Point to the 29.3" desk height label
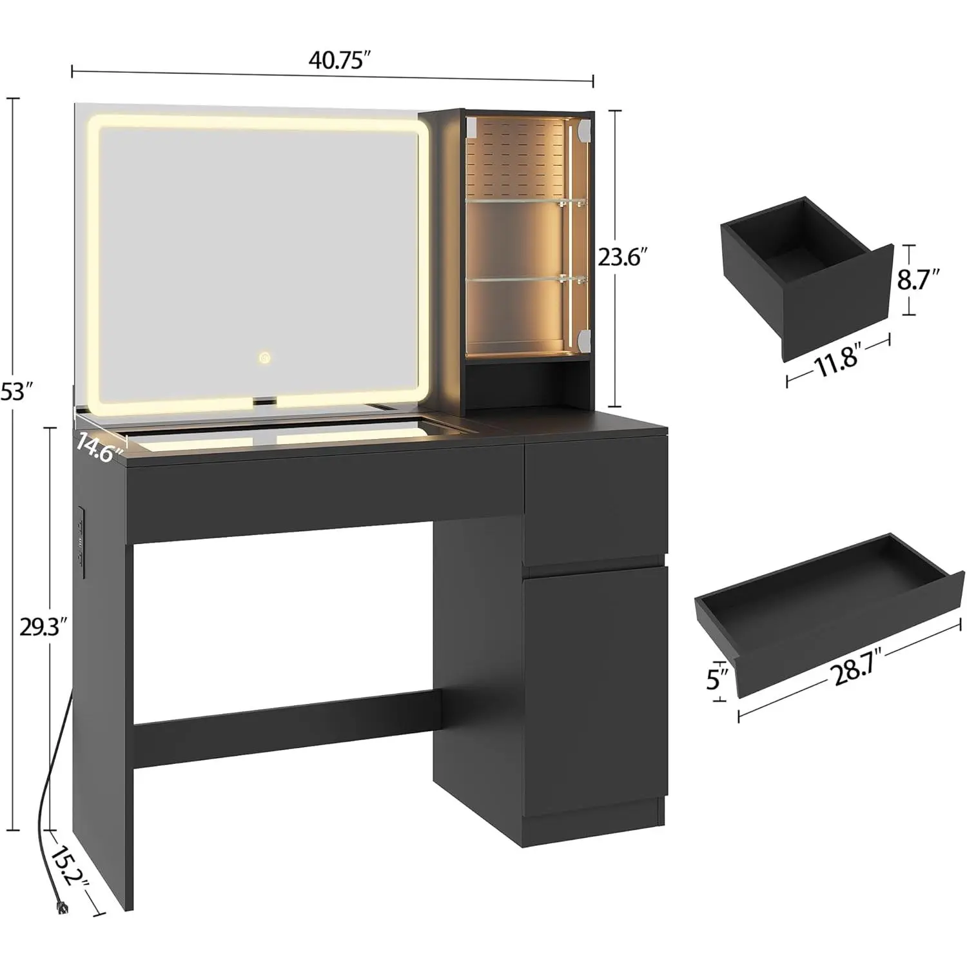(x=43, y=627)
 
